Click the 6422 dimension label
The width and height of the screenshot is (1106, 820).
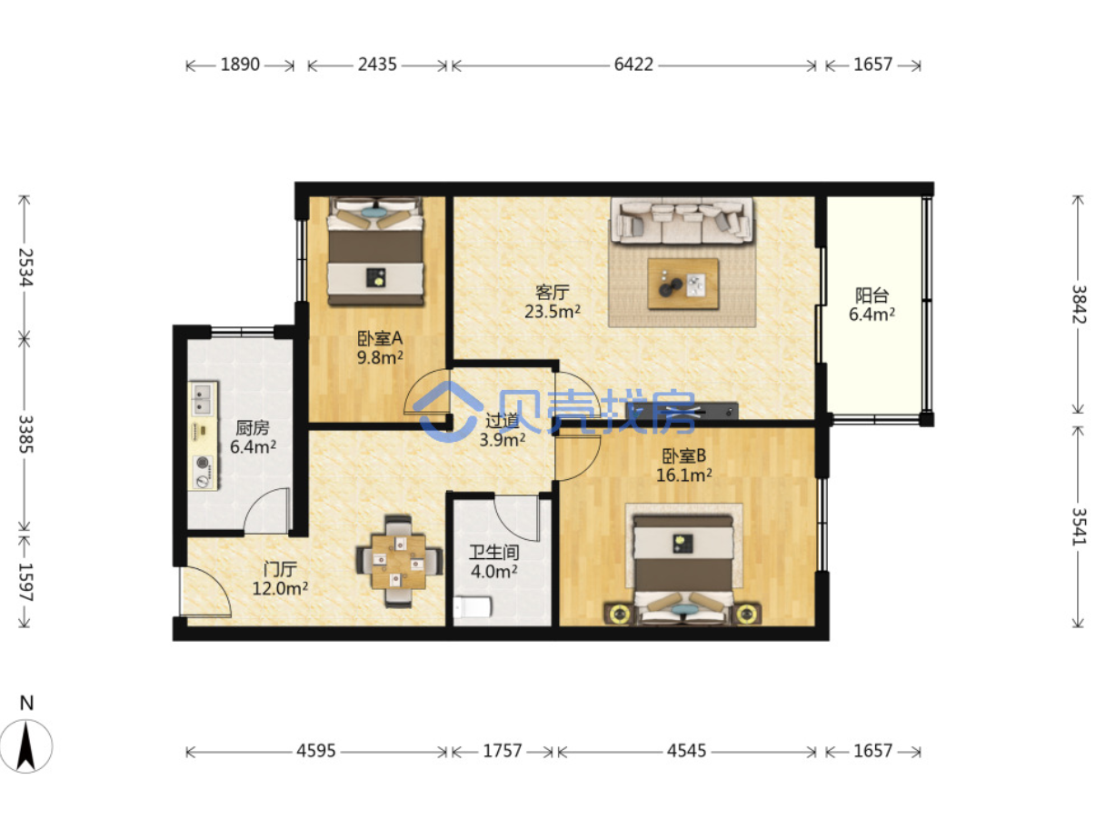click(633, 65)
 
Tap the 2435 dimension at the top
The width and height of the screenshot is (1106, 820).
click(377, 65)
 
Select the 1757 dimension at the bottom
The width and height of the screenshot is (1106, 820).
click(503, 751)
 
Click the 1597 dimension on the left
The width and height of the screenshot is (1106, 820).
click(25, 582)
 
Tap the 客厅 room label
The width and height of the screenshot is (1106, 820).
click(552, 293)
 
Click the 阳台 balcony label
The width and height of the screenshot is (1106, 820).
click(872, 295)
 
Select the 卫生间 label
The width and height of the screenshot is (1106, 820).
click(493, 552)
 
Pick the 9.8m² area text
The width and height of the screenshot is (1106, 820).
click(380, 357)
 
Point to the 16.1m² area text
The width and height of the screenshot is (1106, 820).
click(683, 475)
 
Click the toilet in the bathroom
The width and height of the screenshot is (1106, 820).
click(473, 607)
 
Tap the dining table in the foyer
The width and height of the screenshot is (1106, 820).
click(398, 561)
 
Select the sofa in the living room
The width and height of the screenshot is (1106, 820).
click(682, 220)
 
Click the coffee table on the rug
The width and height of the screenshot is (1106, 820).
click(683, 284)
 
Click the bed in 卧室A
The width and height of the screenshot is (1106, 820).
click(375, 251)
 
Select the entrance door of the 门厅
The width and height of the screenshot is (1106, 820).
click(205, 592)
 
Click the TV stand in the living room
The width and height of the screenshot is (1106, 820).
click(683, 411)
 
